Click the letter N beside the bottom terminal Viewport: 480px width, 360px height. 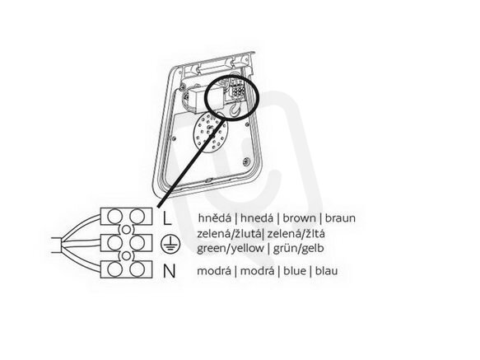tap(170, 271)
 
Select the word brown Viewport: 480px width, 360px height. tap(299, 218)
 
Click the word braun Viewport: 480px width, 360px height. tap(340, 218)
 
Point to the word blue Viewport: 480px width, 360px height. tap(295, 271)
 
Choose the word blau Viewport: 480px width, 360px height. tap(326, 271)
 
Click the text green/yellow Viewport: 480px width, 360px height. tap(231, 248)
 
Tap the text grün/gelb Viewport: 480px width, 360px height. tap(298, 248)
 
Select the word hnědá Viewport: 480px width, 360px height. tap(215, 218)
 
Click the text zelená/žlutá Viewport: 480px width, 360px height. tap(229, 234)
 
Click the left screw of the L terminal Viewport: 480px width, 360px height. tap(115, 217)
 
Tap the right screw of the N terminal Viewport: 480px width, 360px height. tap(137, 269)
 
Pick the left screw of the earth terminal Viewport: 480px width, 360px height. tap(115, 243)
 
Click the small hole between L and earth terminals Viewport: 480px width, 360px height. tap(126, 230)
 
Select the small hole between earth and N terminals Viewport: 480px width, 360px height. tap(126, 256)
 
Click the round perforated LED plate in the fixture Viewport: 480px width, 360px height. tap(211, 132)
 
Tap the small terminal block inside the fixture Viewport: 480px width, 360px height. tap(238, 89)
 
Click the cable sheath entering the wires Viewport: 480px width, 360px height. tap(58, 245)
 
